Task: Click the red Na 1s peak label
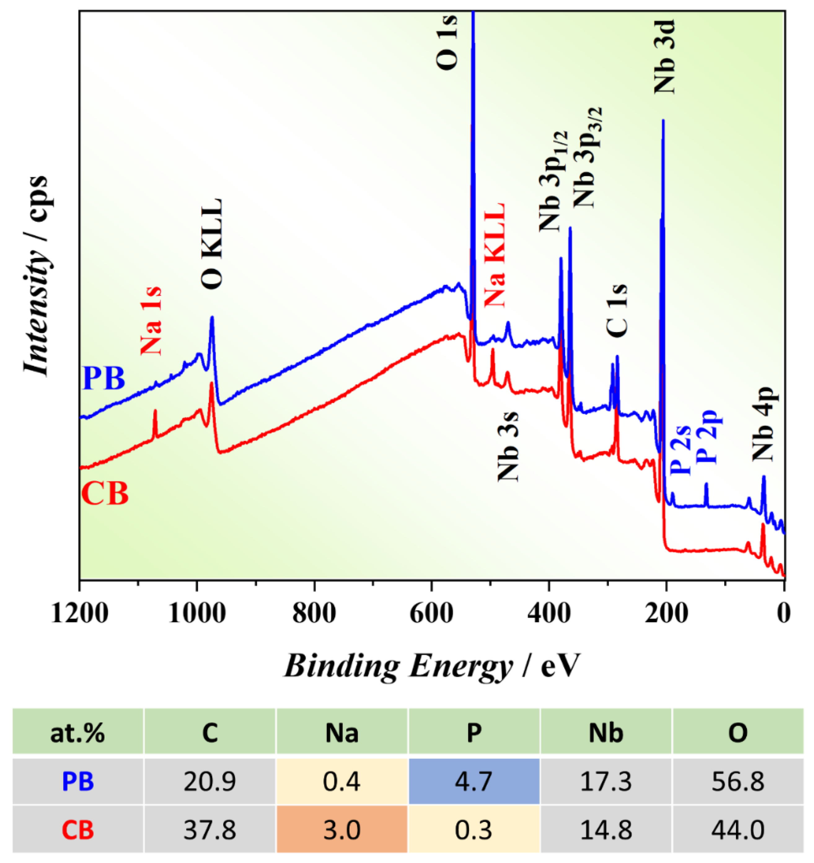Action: [151, 321]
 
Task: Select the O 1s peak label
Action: [447, 42]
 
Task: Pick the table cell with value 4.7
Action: [474, 781]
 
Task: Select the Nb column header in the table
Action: [606, 733]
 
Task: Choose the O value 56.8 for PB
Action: [738, 781]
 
